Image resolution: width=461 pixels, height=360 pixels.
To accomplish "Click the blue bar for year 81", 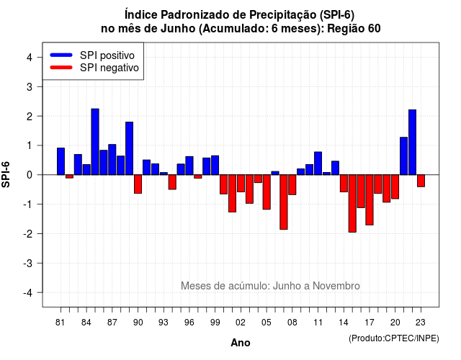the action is (x=61, y=161).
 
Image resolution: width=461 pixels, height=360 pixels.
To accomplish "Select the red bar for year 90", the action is (x=138, y=184).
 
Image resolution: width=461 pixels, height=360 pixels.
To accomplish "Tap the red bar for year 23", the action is (x=421, y=181).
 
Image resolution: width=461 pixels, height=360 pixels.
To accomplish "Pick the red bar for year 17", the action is (x=370, y=200).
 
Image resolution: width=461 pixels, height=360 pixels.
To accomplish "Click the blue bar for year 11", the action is (x=318, y=163).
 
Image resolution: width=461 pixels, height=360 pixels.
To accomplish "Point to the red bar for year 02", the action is (x=241, y=184).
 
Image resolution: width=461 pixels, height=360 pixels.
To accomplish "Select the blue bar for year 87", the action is (x=112, y=160).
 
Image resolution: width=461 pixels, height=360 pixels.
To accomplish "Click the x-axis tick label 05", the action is (x=267, y=323).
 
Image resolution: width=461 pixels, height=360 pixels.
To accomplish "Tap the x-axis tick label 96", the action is (x=189, y=323).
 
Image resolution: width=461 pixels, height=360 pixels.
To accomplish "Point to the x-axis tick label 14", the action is (x=344, y=323).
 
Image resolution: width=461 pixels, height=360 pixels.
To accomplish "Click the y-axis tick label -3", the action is (x=28, y=264).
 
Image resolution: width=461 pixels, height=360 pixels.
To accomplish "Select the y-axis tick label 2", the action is (x=30, y=117).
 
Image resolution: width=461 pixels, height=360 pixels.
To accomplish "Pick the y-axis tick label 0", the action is (x=30, y=175).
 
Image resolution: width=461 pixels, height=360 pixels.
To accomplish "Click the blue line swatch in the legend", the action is (x=61, y=55).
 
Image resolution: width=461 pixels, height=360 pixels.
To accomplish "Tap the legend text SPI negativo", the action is (x=109, y=68).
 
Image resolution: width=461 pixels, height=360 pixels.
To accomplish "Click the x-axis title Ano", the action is (x=241, y=343).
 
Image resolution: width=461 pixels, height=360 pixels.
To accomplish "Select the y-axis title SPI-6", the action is (x=6, y=174).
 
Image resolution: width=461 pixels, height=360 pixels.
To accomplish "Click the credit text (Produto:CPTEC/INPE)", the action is (x=394, y=338).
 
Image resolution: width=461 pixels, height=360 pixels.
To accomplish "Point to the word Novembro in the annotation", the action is (x=336, y=286).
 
